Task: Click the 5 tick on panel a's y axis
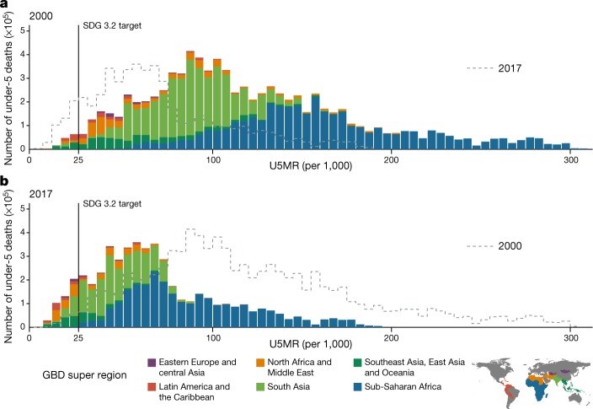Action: click(x=23, y=30)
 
